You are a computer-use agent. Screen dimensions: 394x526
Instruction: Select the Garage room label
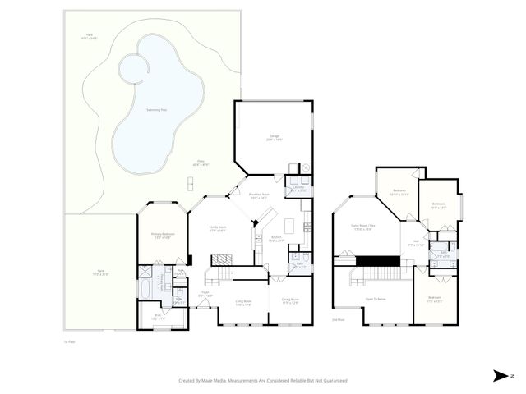(274, 137)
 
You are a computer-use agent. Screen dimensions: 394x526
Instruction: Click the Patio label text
(200, 163)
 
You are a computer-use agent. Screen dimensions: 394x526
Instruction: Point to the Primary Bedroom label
(160, 236)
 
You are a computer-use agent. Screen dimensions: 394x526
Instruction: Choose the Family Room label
(217, 229)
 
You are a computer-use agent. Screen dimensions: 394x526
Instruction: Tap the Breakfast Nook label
(260, 196)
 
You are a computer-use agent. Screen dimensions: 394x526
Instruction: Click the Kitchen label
(277, 239)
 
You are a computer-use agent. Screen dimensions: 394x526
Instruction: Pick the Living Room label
(243, 303)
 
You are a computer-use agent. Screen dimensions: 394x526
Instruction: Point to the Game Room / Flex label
(362, 227)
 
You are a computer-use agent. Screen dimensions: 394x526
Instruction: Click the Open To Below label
(375, 299)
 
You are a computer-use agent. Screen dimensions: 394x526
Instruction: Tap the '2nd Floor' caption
(337, 320)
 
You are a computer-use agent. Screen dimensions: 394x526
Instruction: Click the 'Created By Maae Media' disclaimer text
(263, 380)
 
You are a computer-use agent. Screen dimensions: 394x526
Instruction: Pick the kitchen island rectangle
(289, 225)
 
